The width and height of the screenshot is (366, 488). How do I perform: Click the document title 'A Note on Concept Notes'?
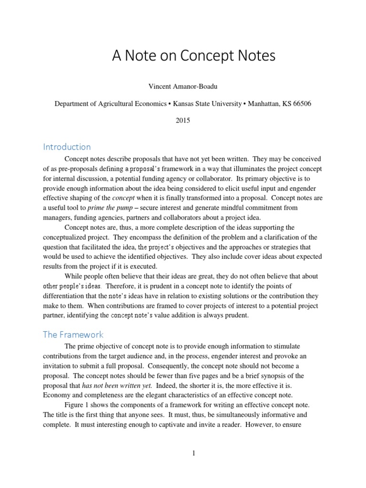pyautogui.click(x=193, y=56)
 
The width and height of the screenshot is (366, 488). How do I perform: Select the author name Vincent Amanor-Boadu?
pyautogui.click(x=183, y=87)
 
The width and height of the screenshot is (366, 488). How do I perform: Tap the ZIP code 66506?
pyautogui.click(x=301, y=104)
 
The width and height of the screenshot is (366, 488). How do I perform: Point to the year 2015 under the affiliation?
pyautogui.click(x=183, y=121)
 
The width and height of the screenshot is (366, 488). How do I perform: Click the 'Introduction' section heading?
pyautogui.click(x=67, y=147)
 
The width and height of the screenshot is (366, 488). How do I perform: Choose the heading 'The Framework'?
pyautogui.click(x=73, y=335)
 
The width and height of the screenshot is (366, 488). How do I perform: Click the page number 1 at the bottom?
pyautogui.click(x=194, y=453)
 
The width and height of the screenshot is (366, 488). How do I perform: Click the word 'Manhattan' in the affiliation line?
pyautogui.click(x=265, y=104)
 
